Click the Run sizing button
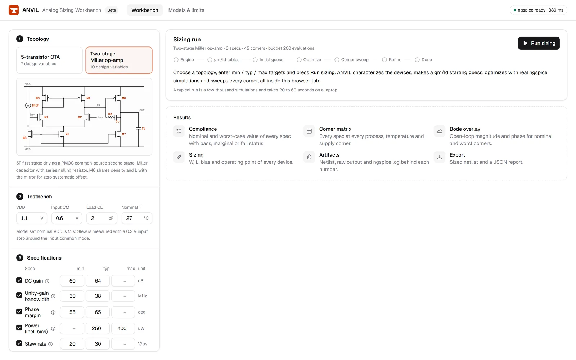click(x=539, y=43)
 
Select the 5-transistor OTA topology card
click(x=49, y=60)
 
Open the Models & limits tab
click(x=186, y=10)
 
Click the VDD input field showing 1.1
click(x=32, y=218)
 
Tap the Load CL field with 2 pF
click(x=102, y=218)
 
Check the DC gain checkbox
click(x=19, y=280)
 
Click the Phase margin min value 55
click(x=72, y=312)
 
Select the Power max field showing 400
click(x=123, y=328)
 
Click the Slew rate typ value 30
click(x=98, y=344)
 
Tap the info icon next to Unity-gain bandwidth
click(x=53, y=296)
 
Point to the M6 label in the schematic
click(x=124, y=98)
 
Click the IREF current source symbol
click(x=28, y=105)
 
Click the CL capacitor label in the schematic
click(x=144, y=128)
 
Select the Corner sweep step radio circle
click(x=337, y=60)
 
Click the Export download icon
click(x=440, y=157)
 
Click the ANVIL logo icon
click(x=14, y=10)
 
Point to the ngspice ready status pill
click(x=538, y=10)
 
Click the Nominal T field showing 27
click(x=137, y=218)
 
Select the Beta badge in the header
click(x=112, y=10)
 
